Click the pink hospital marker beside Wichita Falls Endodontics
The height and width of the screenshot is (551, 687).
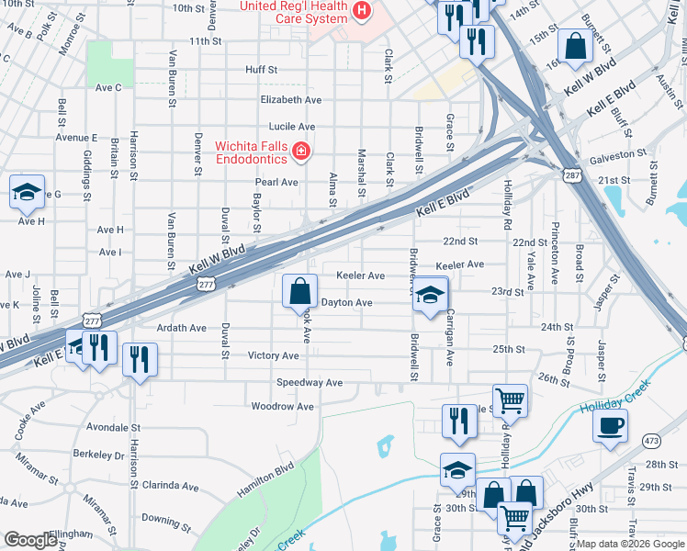pos(300,150)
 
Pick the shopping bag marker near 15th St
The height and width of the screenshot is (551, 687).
pos(575,46)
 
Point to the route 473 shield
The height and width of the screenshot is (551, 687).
pos(652,441)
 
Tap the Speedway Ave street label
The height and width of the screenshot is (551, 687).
pos(310,382)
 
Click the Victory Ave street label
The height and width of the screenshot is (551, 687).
pos(274,355)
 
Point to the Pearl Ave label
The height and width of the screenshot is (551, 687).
pos(276,182)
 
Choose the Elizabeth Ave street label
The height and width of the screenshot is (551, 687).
pos(291,99)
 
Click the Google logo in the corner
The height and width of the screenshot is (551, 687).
pos(30,541)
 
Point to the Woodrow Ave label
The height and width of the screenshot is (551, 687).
pos(283,406)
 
